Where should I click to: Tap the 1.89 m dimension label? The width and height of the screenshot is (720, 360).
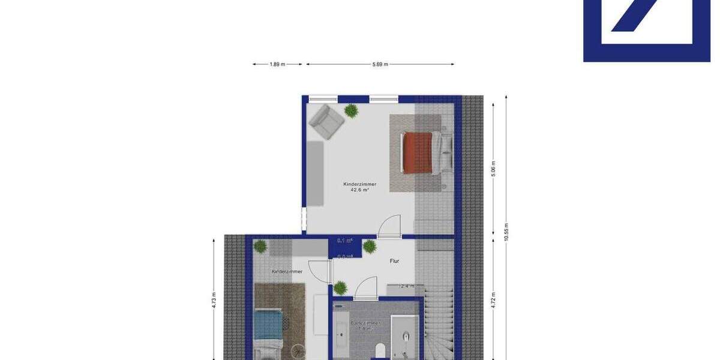[277, 64]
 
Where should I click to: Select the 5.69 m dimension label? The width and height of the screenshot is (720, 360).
[380, 64]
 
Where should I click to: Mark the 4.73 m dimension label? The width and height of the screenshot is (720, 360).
[214, 299]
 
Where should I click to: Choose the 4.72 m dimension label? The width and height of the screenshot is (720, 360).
[494, 299]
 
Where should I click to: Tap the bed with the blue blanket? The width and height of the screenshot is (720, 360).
[268, 328]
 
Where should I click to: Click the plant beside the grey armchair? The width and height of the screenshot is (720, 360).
[351, 110]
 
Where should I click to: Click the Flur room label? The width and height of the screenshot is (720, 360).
[394, 261]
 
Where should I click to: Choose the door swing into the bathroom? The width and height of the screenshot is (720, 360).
[366, 287]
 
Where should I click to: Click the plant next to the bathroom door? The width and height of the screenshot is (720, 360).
[340, 289]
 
